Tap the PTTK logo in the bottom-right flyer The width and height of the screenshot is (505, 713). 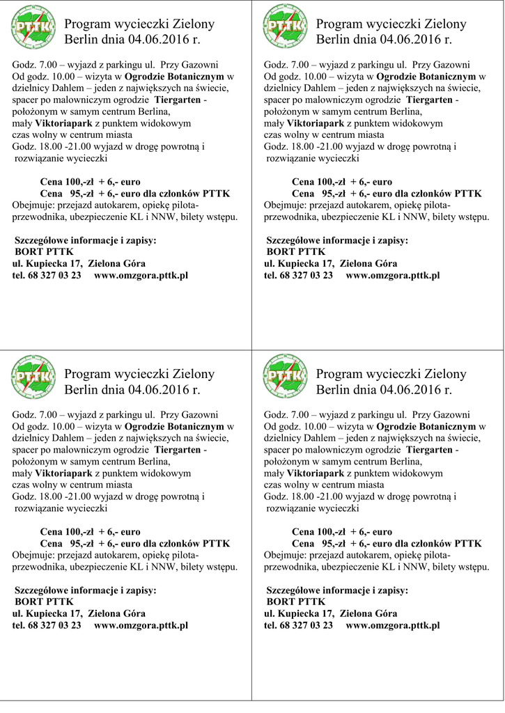tap(285, 379)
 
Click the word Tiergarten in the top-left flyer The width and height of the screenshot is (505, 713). tap(178, 100)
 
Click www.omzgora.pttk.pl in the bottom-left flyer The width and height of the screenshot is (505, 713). tap(141, 625)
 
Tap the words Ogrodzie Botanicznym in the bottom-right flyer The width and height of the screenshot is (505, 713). tap(426, 426)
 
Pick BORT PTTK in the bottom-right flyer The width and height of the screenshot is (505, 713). tap(296, 602)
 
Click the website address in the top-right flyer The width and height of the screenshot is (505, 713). tap(392, 275)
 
